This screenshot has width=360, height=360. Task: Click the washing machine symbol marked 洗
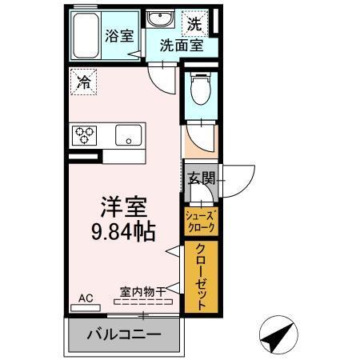click(x=194, y=24)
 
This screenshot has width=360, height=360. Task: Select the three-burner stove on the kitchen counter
click(x=83, y=134)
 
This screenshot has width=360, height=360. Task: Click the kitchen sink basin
click(x=128, y=135)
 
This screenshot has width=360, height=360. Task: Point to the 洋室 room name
click(x=122, y=206)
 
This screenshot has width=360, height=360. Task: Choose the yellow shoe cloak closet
click(x=201, y=221)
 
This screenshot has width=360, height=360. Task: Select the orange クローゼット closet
click(x=201, y=276)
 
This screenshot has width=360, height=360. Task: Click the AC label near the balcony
click(x=86, y=298)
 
